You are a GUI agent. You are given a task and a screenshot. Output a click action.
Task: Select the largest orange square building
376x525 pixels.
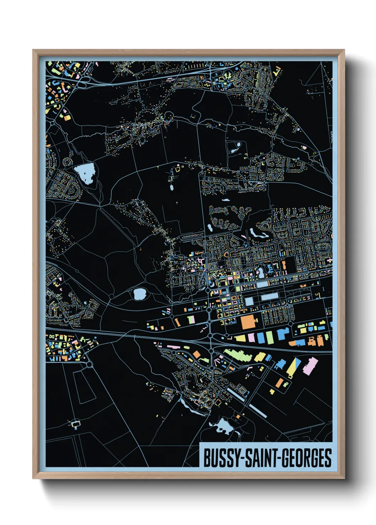[248, 322]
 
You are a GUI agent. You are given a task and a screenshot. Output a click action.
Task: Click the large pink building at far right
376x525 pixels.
[310, 366]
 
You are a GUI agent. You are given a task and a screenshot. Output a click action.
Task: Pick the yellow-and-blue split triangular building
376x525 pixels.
[294, 368]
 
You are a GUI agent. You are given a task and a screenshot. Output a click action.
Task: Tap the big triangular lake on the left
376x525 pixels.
[85, 173]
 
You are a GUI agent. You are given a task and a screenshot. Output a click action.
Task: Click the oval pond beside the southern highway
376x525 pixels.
[139, 294]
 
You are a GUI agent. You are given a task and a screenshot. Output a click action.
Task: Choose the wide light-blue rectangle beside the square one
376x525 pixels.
[269, 297]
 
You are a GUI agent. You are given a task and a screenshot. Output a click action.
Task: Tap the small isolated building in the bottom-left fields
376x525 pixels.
[75, 424]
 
